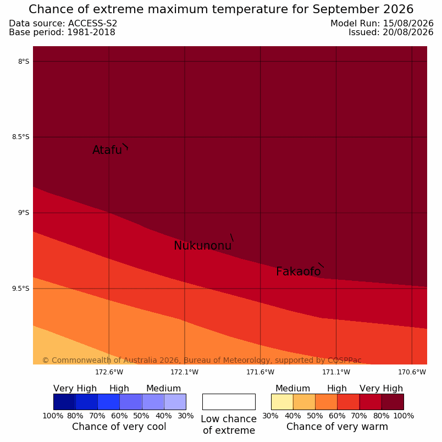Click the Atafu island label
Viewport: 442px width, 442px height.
tap(107, 150)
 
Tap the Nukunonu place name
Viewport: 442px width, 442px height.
tap(203, 246)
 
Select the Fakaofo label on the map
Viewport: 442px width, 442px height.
tap(299, 272)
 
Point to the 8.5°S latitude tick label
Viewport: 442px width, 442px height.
tap(20, 137)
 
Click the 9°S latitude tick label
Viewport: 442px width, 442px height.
tap(24, 213)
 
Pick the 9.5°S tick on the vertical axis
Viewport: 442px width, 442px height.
tap(20, 289)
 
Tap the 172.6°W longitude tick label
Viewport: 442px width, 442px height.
tap(109, 372)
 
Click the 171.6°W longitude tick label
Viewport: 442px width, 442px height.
tap(260, 372)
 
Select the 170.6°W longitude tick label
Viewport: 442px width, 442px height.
tap(412, 372)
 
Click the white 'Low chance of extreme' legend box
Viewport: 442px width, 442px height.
tap(229, 402)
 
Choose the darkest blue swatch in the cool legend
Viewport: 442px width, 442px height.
tap(64, 402)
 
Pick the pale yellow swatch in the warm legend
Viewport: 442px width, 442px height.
tap(282, 402)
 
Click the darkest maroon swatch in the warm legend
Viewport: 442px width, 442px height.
tap(393, 402)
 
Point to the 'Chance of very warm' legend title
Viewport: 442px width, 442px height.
tap(337, 427)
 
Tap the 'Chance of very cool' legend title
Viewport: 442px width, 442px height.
tap(119, 427)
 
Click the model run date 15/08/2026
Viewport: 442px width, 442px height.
tap(408, 24)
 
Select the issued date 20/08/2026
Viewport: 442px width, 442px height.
tap(408, 32)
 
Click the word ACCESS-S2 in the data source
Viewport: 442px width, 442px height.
tap(92, 24)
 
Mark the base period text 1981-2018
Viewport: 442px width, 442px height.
tap(91, 32)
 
